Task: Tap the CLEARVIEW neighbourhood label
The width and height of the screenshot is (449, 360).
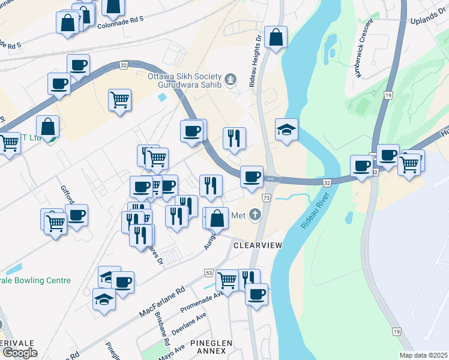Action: pos(258,246)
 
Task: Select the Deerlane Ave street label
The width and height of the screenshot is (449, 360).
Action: pos(188,321)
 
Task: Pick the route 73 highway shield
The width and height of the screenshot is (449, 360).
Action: pos(265,197)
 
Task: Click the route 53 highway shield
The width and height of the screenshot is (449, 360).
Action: pos(208,273)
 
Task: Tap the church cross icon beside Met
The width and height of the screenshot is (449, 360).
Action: pos(256,214)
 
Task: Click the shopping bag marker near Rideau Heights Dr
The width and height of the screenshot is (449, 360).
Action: pos(276,38)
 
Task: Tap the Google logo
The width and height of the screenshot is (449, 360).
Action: pos(19,352)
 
